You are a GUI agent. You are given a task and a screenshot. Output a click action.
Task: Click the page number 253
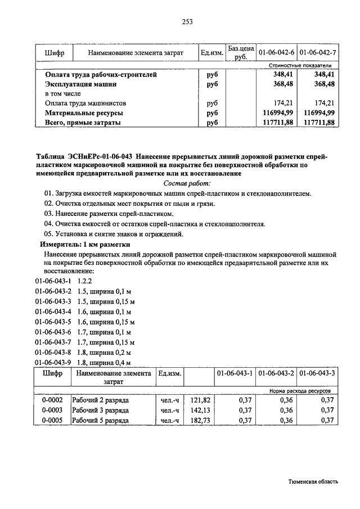click(x=187, y=22)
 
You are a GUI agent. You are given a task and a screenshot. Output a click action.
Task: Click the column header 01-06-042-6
click(x=276, y=53)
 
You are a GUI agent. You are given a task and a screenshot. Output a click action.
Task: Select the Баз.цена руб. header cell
click(x=241, y=52)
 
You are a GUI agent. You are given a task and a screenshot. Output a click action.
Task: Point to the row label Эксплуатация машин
click(x=81, y=84)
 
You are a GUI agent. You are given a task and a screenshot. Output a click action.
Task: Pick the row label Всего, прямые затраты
click(x=84, y=123)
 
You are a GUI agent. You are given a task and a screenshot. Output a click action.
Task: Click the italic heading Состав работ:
click(x=187, y=183)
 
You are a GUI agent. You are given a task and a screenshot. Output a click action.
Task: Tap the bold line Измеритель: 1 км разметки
click(x=84, y=245)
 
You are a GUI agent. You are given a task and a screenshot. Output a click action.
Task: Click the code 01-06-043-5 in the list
click(x=53, y=322)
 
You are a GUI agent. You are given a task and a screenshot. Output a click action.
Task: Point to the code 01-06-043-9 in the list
click(x=53, y=362)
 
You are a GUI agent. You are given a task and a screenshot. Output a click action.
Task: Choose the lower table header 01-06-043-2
click(x=276, y=373)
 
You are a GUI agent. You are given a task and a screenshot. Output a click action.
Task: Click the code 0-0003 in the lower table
click(x=52, y=410)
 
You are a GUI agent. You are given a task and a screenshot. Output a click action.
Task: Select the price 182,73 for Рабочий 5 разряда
click(x=200, y=420)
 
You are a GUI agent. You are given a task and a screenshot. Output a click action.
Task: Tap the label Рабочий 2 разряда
click(x=100, y=400)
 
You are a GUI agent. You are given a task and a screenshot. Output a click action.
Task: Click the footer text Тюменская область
click(x=313, y=482)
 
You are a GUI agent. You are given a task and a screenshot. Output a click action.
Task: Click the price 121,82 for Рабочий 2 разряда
click(x=200, y=400)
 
